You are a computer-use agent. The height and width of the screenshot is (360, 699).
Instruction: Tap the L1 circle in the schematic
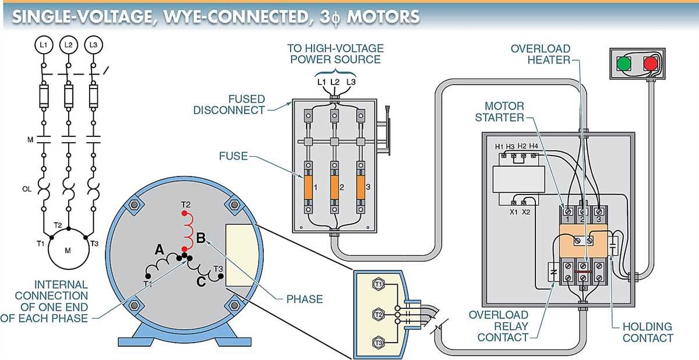pos(43,45)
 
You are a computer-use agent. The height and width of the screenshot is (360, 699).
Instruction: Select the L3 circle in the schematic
pos(93,45)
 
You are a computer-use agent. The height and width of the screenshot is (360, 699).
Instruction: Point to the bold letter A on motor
pos(159,250)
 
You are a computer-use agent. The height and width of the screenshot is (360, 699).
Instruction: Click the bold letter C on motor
pos(201,283)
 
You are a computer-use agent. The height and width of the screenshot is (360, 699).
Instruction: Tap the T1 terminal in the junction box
pos(379,284)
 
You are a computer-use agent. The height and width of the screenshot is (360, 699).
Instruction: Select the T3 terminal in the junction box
pos(379,343)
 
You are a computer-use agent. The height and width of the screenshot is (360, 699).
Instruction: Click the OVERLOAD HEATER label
pos(540,54)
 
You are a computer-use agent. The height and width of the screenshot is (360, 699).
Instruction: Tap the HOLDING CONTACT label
pos(647,332)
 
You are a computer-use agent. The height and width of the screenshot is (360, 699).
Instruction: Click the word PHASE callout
pos(304,299)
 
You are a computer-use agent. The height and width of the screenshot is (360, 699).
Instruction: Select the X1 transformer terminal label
pos(514,212)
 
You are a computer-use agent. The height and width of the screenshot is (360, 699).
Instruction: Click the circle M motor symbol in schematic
pos(68,250)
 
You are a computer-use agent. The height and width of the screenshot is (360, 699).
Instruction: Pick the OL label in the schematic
pos(27,189)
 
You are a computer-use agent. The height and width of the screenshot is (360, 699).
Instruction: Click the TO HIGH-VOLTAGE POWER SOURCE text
pos(335,54)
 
